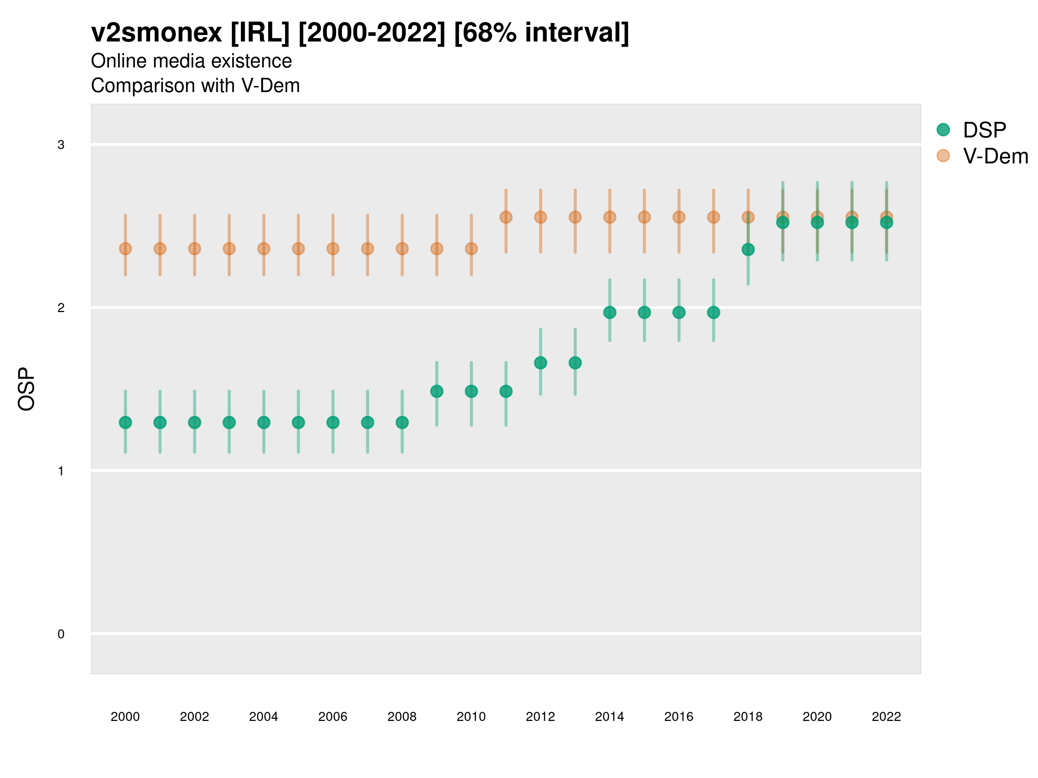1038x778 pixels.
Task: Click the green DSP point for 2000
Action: [125, 423]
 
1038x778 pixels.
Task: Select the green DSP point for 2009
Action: [437, 391]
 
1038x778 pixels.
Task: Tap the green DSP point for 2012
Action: [541, 363]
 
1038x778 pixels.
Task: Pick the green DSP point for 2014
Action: [609, 312]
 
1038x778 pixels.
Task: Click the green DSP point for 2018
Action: [748, 249]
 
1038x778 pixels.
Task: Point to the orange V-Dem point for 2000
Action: [125, 249]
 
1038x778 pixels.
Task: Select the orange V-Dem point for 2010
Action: [471, 249]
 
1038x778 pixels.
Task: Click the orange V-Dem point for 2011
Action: [506, 217]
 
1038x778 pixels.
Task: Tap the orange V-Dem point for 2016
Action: [679, 217]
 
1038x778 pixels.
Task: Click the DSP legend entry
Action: [984, 130]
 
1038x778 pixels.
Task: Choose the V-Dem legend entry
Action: [995, 156]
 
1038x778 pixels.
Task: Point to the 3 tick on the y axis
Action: [61, 145]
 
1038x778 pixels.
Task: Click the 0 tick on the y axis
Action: [61, 634]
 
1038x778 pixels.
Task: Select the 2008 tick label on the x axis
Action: [402, 717]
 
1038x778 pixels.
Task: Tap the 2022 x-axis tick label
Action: [887, 717]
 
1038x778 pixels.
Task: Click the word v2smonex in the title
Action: [156, 33]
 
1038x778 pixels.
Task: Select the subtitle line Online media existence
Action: [192, 61]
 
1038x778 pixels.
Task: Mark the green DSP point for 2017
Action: [713, 312]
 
